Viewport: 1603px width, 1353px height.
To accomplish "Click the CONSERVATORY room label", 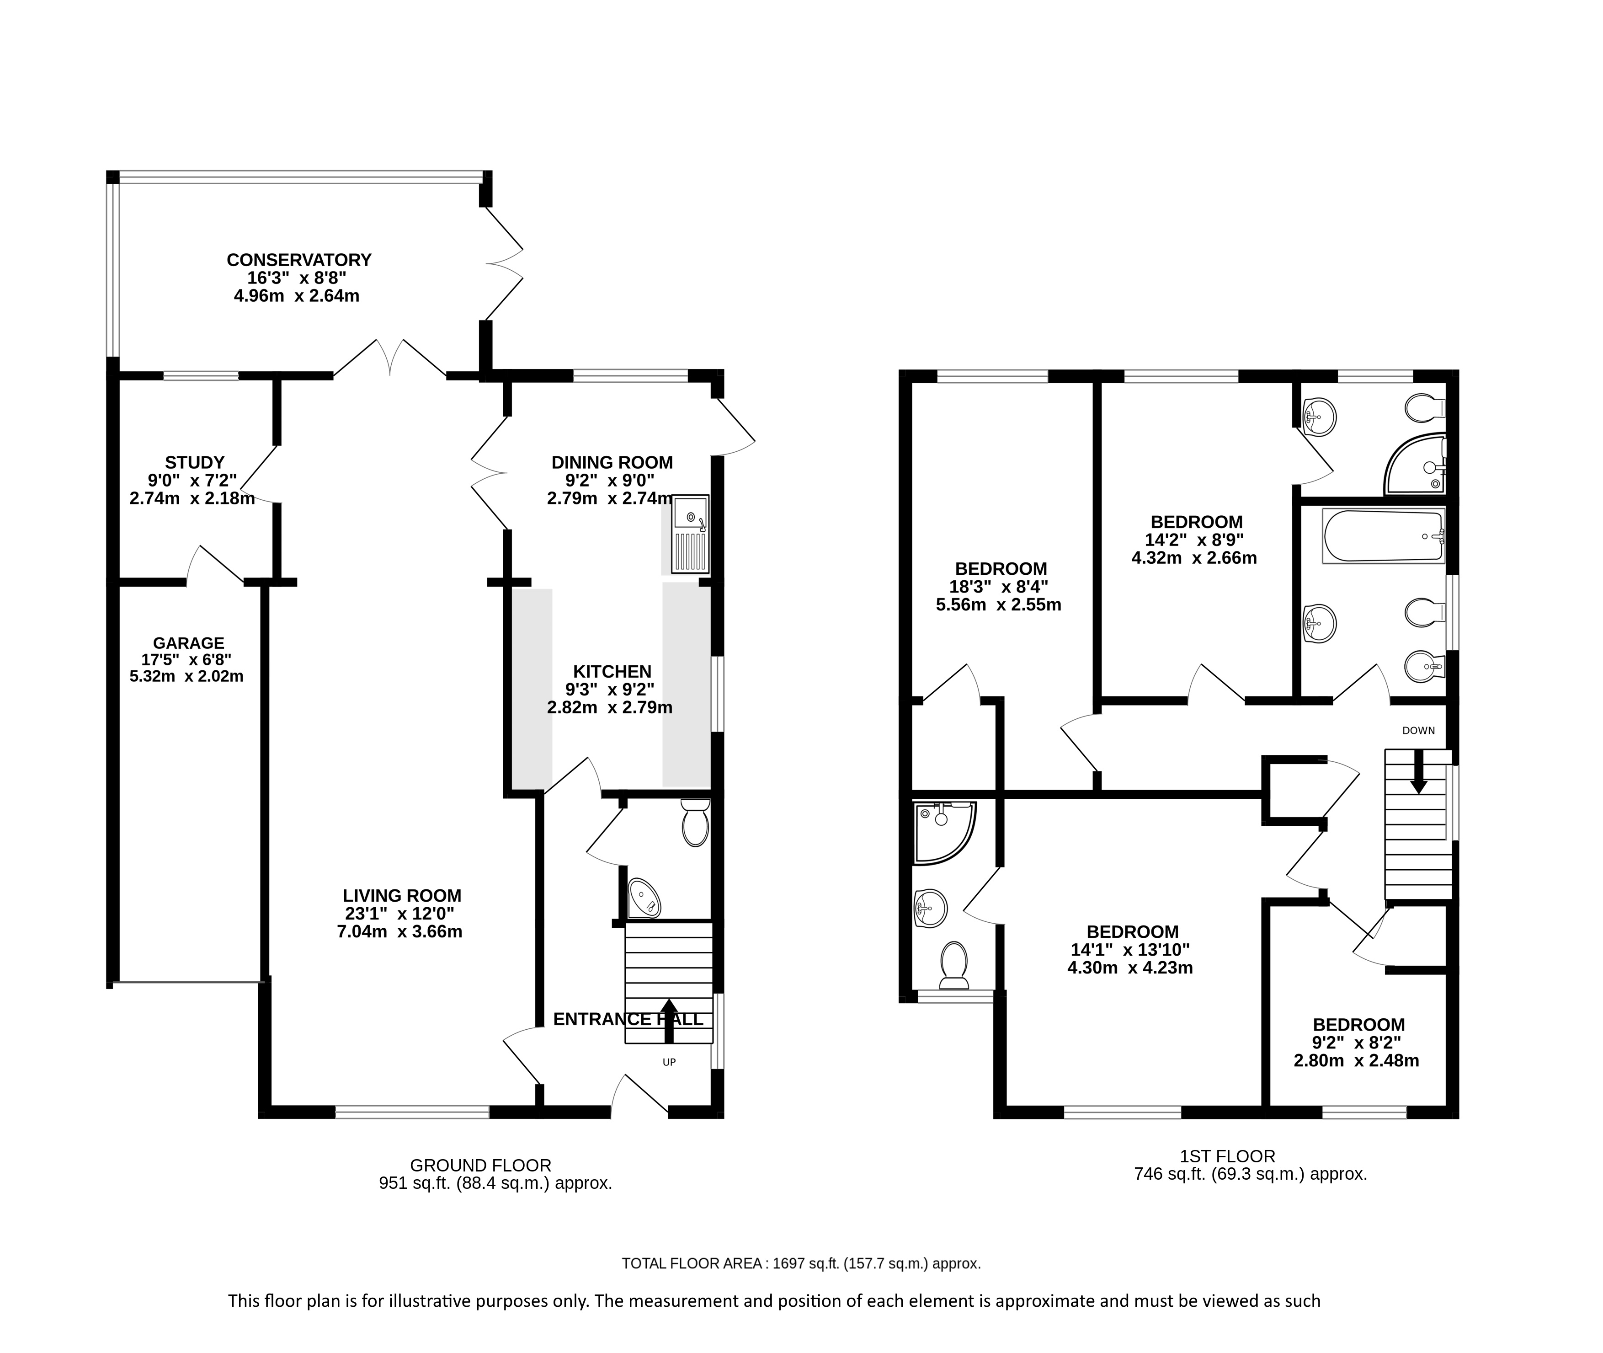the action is point(299,260).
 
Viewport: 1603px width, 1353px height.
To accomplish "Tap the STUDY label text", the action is point(195,462).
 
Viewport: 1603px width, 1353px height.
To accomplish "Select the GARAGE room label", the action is point(189,643).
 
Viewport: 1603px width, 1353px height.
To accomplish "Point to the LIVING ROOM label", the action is point(402,895).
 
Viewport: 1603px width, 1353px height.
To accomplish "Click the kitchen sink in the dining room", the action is point(690,534).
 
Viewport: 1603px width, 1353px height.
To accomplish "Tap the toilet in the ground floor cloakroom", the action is point(695,822).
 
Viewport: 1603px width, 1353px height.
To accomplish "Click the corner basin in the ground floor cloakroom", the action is point(642,898).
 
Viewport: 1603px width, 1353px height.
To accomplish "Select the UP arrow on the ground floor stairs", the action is point(669,1020).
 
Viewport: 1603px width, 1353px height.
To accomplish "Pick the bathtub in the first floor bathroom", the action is point(1383,535).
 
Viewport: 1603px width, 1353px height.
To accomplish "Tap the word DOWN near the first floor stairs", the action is point(1418,730).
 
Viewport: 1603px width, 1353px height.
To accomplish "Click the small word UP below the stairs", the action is point(669,1062).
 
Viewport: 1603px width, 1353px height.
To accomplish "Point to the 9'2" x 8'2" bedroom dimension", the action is point(1357,1043).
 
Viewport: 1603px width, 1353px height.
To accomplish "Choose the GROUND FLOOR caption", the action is point(481,1165).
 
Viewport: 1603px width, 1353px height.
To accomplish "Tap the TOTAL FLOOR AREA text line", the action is point(801,1263).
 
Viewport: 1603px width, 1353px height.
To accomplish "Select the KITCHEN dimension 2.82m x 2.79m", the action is point(609,707).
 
